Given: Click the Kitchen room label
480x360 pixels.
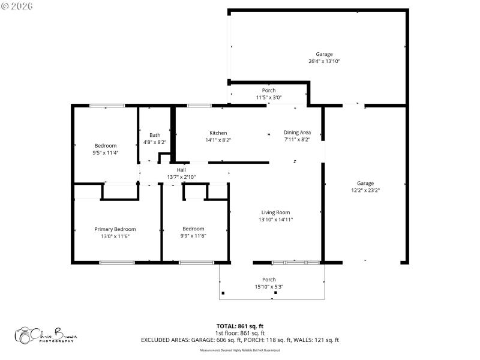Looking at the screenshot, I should [218, 133].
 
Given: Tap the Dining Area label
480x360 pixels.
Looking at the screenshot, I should [297, 133].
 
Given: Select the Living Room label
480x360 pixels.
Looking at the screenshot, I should [275, 212].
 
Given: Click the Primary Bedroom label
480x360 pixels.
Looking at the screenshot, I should [115, 229].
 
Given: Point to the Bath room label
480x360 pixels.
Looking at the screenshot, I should [155, 135].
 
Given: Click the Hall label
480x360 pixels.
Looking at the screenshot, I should [181, 170].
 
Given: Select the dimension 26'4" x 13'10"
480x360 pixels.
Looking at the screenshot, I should [324, 61].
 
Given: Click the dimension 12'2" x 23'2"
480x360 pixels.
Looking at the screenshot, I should [365, 190].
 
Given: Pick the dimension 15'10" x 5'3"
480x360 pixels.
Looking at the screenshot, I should [269, 287].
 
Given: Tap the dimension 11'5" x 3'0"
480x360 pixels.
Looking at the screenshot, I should [269, 97].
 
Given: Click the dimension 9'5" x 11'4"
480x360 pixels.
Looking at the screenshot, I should [106, 152].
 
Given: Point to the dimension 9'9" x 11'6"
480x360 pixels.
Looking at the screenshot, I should [193, 236].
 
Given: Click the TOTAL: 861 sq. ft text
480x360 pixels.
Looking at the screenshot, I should [240, 326].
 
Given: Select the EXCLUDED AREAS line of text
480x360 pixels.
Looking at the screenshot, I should [240, 340].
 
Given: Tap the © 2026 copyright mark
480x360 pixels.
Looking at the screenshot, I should [17, 6].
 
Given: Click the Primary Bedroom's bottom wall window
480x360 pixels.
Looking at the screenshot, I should [116, 262].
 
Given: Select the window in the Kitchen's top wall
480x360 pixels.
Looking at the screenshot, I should [199, 106].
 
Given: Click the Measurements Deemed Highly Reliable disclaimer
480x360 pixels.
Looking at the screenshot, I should [240, 350].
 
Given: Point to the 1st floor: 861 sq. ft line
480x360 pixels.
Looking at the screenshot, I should [240, 333].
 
